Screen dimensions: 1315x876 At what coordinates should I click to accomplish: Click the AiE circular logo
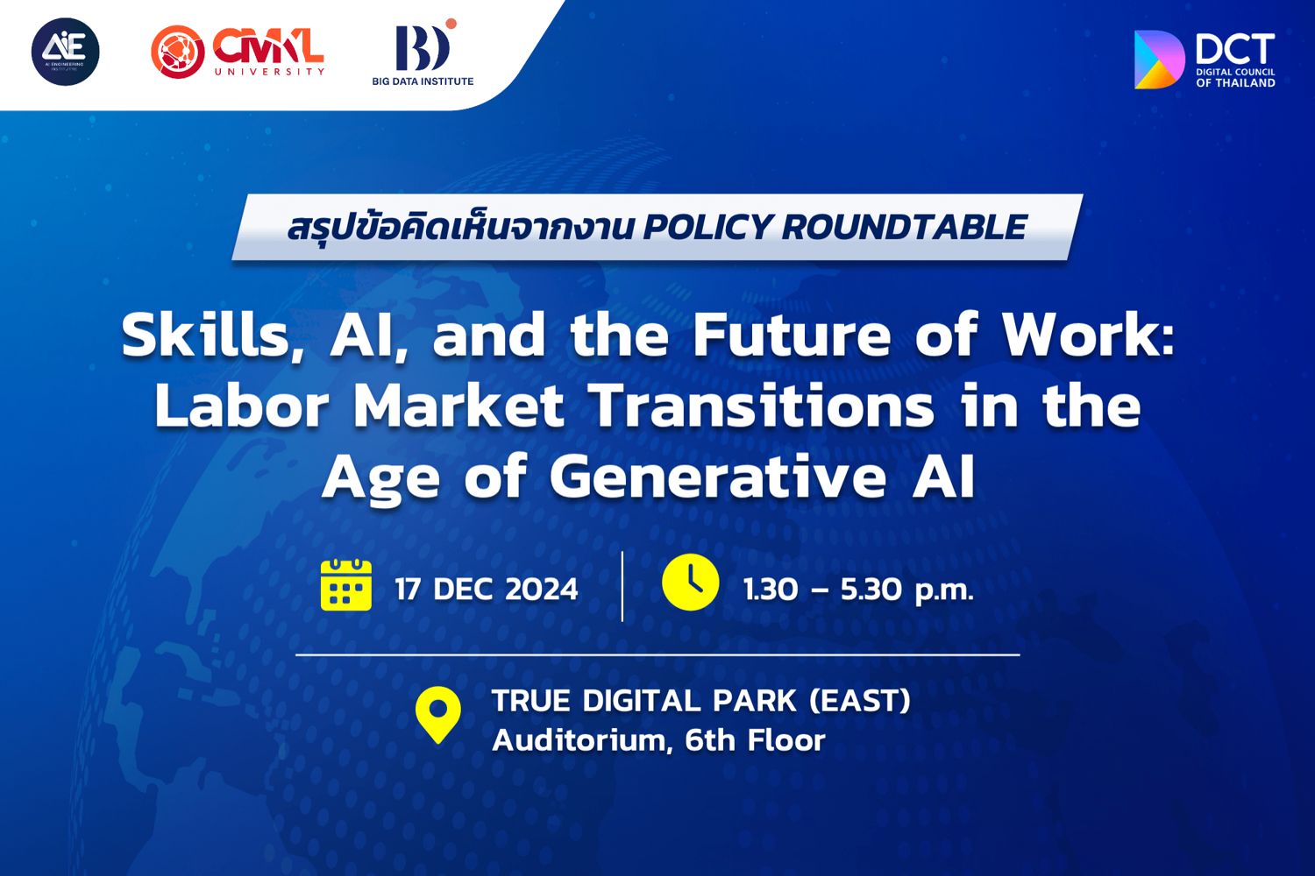pos(65,52)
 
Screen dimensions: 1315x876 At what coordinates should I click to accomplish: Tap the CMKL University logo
pos(238,52)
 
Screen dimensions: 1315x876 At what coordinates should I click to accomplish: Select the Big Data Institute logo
pos(423,53)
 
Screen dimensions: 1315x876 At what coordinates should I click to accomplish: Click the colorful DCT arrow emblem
pos(1159,60)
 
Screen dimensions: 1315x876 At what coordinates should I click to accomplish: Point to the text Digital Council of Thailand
pos(1236,78)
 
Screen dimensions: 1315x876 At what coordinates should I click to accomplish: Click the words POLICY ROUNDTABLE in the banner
pos(835,227)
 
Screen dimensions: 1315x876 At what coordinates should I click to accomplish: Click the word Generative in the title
pos(717,477)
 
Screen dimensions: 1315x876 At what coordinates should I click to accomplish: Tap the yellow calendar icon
pos(345,585)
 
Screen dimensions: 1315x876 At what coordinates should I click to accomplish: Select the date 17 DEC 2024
pos(487,589)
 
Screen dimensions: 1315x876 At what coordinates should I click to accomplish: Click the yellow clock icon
pos(691,582)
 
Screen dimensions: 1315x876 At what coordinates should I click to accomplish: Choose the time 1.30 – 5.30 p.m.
pos(858,590)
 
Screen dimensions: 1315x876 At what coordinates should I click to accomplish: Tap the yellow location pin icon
pos(438,715)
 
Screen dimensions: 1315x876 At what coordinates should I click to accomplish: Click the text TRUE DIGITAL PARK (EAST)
pos(701,701)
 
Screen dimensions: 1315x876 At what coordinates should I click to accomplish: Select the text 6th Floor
pos(755,740)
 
